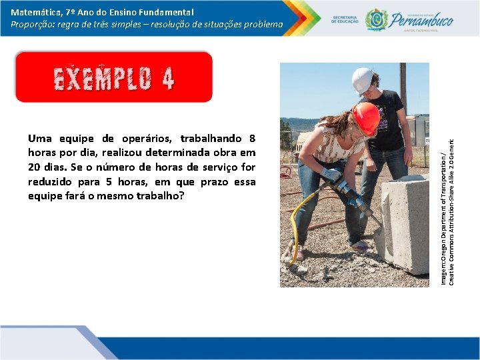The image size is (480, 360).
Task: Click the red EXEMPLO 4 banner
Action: [x=113, y=77]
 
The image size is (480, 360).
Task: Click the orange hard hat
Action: [x=366, y=118]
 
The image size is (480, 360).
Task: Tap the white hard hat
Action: [x=363, y=80]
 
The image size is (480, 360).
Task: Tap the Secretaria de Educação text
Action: [x=344, y=19]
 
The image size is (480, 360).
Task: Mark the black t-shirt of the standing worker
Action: [x=389, y=120]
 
